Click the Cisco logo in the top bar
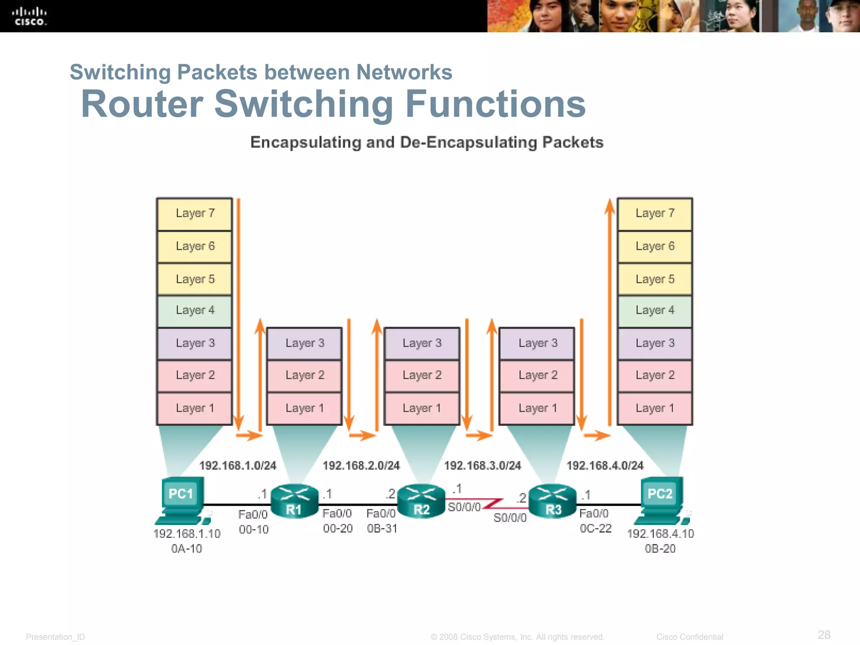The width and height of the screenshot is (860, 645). [29, 16]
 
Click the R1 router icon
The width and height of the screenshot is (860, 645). [294, 501]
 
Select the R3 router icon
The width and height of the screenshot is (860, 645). [553, 501]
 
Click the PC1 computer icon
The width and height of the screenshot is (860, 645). [182, 500]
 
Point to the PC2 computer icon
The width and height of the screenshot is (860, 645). [661, 500]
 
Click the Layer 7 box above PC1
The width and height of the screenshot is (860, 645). [195, 214]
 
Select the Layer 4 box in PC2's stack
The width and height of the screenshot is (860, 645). [655, 311]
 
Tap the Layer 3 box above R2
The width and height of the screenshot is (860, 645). [422, 343]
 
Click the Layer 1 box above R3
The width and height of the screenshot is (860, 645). [537, 408]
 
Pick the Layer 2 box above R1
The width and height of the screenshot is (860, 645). [305, 375]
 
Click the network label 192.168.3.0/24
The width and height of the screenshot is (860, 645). [482, 465]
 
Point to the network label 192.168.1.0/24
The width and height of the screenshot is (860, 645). [238, 465]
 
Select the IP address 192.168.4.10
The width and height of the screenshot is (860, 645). [661, 534]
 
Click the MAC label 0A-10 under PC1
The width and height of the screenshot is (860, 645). [186, 549]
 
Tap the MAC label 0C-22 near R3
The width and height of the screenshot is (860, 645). [595, 529]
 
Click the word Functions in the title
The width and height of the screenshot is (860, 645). [496, 104]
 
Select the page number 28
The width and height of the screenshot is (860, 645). [824, 635]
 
